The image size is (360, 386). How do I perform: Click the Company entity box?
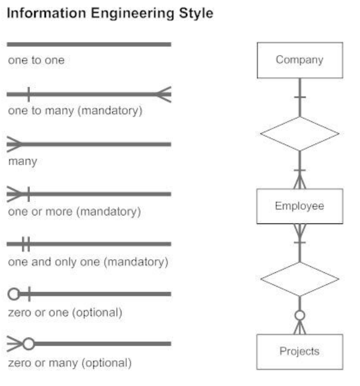(300, 60)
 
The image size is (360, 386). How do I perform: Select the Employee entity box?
(300, 206)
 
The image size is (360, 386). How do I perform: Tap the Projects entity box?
(300, 351)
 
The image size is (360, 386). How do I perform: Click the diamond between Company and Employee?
(300, 133)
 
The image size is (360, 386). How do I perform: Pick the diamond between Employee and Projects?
(300, 278)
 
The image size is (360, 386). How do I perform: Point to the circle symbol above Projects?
(300, 315)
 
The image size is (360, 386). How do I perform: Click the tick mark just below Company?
(300, 98)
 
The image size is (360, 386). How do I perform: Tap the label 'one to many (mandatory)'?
(75, 111)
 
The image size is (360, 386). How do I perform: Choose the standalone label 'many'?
(21, 162)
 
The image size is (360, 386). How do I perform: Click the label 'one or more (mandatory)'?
(74, 212)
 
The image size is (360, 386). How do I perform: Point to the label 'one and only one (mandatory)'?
(88, 262)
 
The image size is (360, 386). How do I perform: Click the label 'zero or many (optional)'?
(69, 363)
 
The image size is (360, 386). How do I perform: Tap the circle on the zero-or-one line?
(14, 294)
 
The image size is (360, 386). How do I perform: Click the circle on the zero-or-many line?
(28, 344)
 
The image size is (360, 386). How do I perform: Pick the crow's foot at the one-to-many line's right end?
(164, 94)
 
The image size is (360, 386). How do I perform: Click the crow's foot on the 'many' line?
(14, 144)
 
